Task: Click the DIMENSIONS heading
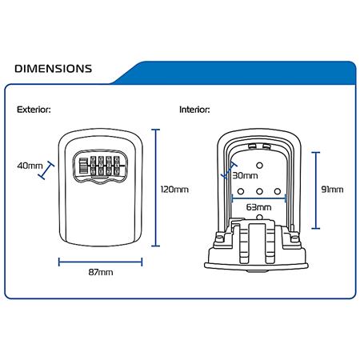[x=54, y=69]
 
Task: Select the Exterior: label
[x=34, y=110]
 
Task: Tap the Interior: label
[x=194, y=110]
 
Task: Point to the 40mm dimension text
[x=30, y=166]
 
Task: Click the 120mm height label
[x=174, y=190]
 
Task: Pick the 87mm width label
[x=101, y=272]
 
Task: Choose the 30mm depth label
[x=245, y=175]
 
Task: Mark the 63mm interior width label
[x=258, y=207]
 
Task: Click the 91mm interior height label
[x=332, y=190]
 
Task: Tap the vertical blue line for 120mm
[x=156, y=188]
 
